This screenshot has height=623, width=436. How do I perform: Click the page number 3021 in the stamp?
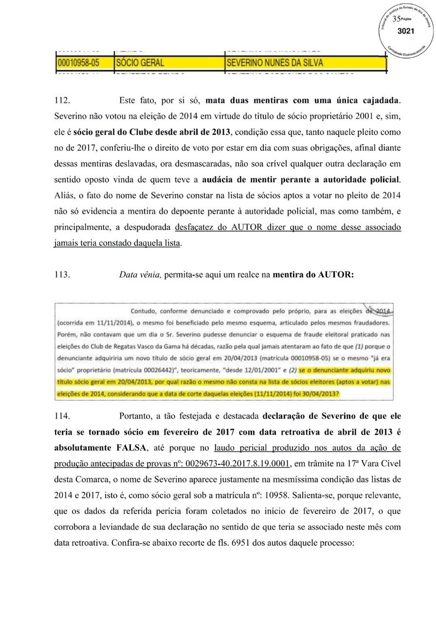[405, 31]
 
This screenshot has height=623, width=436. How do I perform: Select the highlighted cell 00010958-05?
[78, 63]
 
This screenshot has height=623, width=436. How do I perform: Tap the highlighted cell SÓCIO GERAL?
[140, 63]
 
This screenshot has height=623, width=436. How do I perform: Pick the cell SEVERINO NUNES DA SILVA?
[275, 63]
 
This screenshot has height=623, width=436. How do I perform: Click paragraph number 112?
[62, 100]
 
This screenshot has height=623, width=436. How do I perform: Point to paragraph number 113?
[62, 275]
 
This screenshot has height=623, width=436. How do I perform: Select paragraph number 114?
[62, 416]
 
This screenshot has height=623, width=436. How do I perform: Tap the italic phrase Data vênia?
[140, 275]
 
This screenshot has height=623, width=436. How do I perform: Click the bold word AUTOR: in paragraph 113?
[336, 275]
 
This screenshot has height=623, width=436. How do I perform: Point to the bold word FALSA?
[132, 448]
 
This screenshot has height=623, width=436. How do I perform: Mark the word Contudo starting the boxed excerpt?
[143, 311]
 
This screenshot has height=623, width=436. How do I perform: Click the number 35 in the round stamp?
[396, 19]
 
